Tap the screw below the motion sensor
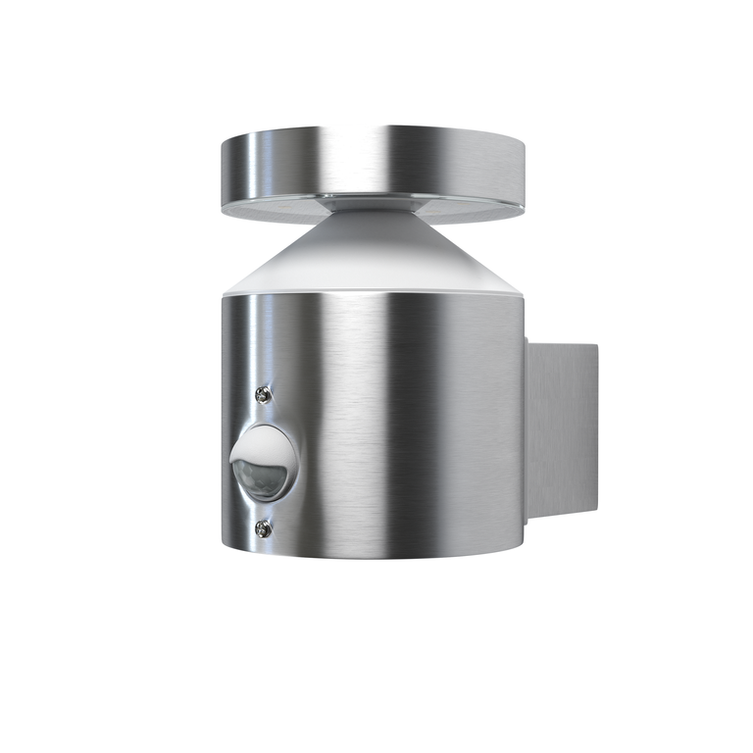point(262,528)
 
